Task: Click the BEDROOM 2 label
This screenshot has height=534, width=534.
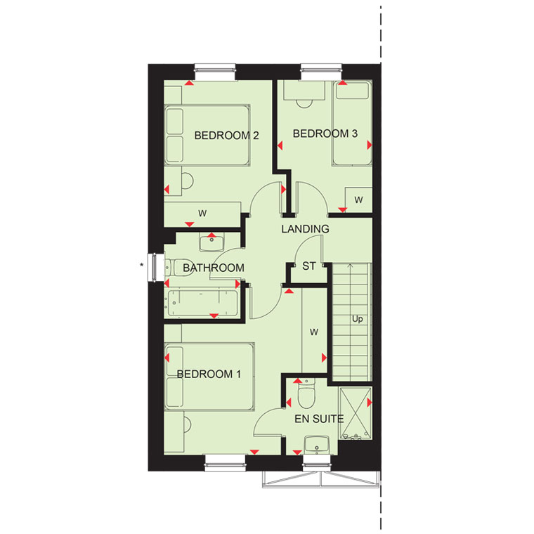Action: click(226, 136)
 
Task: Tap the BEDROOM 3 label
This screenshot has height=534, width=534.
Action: click(325, 133)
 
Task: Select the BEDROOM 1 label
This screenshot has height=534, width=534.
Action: click(209, 375)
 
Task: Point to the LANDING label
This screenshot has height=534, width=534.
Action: click(305, 229)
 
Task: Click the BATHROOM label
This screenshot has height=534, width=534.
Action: click(214, 268)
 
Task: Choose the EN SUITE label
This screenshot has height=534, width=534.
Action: click(319, 419)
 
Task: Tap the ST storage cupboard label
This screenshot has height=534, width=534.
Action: click(309, 266)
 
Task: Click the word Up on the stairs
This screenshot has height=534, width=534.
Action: click(357, 319)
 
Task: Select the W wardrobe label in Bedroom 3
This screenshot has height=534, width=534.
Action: click(358, 200)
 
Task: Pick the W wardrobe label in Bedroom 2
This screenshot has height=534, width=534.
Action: click(202, 214)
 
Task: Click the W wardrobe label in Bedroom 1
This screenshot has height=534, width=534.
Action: click(314, 332)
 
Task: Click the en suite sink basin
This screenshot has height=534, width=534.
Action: click(317, 445)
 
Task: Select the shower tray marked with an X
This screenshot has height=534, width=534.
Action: click(356, 413)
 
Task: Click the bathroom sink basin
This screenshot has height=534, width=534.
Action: click(211, 243)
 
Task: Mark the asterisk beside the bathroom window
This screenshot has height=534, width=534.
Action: click(142, 265)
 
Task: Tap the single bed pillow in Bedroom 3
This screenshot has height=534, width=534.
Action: click(353, 91)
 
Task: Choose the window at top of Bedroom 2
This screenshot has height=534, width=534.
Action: click(215, 72)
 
